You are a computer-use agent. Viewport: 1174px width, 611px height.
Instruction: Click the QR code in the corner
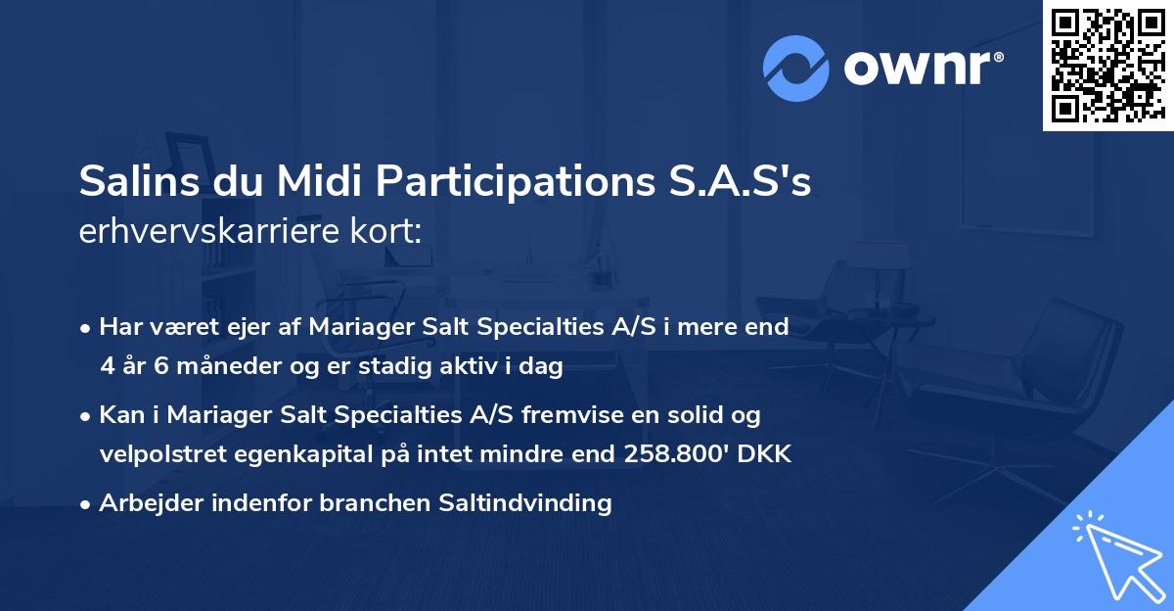click(x=1106, y=65)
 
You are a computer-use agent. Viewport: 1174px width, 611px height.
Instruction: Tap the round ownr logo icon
click(x=797, y=69)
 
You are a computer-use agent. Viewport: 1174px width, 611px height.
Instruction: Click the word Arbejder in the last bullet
click(x=143, y=503)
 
